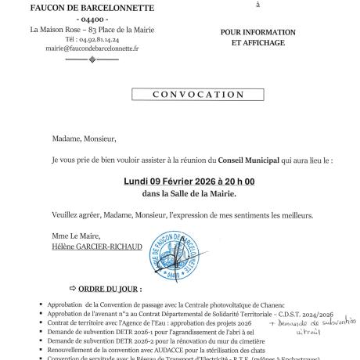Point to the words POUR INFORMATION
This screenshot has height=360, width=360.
tap(257, 32)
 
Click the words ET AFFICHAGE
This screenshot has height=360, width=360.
tap(257, 44)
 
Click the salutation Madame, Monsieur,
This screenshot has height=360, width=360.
tap(84, 142)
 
